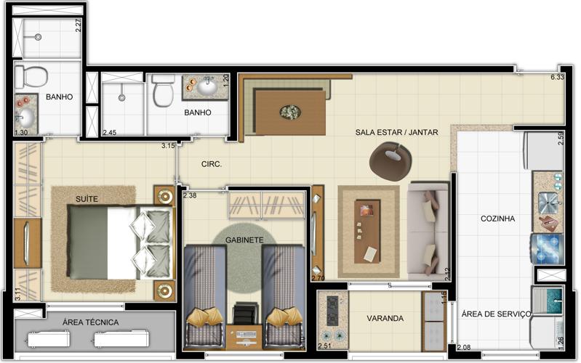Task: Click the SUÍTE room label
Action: point(87,199)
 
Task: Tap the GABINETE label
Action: point(244,240)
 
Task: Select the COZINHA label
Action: point(497,219)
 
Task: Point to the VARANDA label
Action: point(385,318)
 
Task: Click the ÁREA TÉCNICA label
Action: point(90,322)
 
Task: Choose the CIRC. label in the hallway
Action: point(212,164)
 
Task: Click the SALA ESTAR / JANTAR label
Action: point(396,132)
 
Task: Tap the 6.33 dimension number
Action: point(557,78)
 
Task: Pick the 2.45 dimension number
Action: point(109,132)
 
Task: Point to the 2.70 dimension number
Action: point(318,278)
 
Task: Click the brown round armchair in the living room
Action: point(390,161)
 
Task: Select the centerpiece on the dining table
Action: point(291,112)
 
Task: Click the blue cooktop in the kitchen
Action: point(547,248)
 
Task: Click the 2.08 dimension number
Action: point(463,348)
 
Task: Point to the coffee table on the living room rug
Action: point(367,232)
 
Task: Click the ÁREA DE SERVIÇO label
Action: point(496,314)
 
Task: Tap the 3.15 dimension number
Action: point(168,146)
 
